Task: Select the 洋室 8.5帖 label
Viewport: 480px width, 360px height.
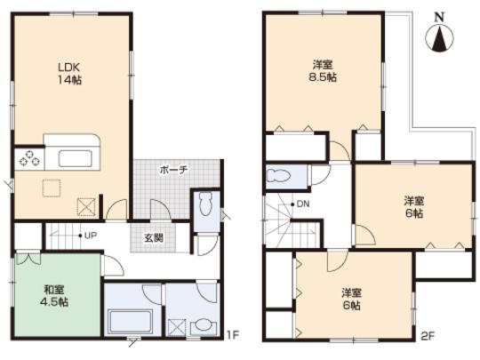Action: (323, 70)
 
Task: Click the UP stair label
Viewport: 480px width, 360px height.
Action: (88, 236)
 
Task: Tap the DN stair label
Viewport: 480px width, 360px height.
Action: (302, 204)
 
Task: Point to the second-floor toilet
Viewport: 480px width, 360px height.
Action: (283, 176)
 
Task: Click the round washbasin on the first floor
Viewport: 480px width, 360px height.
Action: (204, 324)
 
